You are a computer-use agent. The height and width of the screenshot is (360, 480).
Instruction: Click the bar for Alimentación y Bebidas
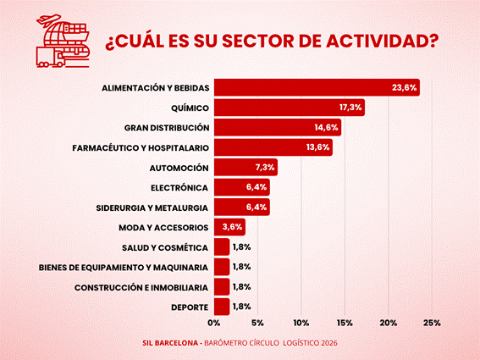click(317, 87)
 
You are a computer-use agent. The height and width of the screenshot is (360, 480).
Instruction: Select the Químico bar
click(290, 108)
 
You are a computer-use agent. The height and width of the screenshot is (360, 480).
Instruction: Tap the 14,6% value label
click(326, 127)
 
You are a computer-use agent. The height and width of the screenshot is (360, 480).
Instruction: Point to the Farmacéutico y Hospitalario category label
click(141, 148)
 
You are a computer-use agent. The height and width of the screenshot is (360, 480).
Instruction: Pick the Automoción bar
click(246, 167)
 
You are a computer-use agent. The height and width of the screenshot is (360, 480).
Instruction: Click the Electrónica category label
click(179, 188)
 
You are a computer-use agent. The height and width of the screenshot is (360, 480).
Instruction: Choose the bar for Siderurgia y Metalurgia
click(242, 208)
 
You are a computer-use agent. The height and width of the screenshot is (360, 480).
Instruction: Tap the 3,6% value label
click(232, 227)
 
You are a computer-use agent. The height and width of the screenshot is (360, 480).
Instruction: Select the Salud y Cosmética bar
click(222, 247)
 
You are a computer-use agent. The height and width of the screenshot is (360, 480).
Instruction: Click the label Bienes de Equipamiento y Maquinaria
click(124, 268)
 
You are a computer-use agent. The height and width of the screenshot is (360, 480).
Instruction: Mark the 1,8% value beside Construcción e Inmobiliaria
click(242, 287)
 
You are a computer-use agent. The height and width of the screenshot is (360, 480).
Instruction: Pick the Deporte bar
click(222, 307)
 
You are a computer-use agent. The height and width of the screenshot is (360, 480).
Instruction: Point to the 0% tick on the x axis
click(213, 323)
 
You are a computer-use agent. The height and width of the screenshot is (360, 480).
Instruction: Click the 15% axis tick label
click(345, 323)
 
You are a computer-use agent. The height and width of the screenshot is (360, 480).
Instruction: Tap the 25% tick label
click(432, 323)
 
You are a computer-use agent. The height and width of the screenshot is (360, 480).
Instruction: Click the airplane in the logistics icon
click(48, 19)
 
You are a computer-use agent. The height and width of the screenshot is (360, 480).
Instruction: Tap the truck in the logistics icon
click(50, 58)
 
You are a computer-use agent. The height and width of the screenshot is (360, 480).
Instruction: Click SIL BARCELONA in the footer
click(170, 343)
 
